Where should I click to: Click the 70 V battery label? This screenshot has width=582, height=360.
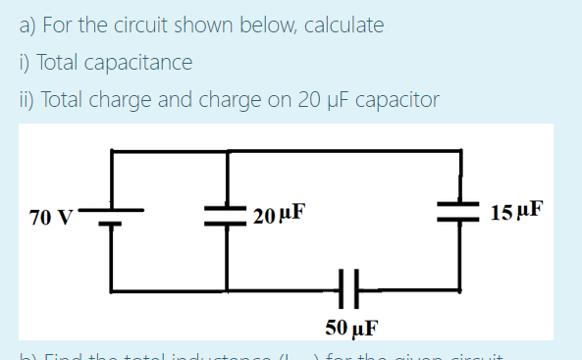click(x=49, y=217)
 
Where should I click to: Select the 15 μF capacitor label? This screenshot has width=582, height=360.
click(x=514, y=211)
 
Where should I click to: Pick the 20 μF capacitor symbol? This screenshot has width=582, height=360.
click(x=228, y=216)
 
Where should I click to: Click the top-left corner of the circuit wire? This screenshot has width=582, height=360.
click(x=111, y=150)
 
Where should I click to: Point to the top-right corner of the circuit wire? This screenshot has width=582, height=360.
click(x=459, y=150)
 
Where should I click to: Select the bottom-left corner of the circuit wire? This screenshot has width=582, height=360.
click(x=111, y=289)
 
